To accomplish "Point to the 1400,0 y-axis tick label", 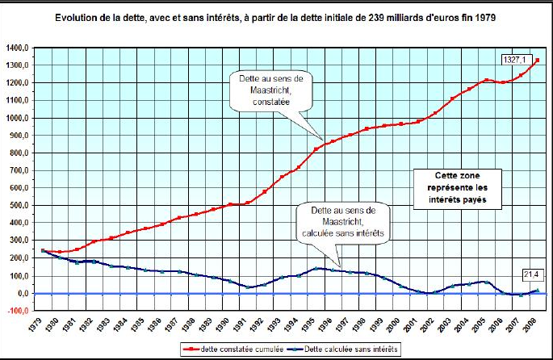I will click(x=18, y=48).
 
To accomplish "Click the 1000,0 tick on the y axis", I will click(x=18, y=118).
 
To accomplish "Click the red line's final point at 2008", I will click(x=537, y=60).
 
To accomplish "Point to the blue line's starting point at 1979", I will click(x=43, y=251).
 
